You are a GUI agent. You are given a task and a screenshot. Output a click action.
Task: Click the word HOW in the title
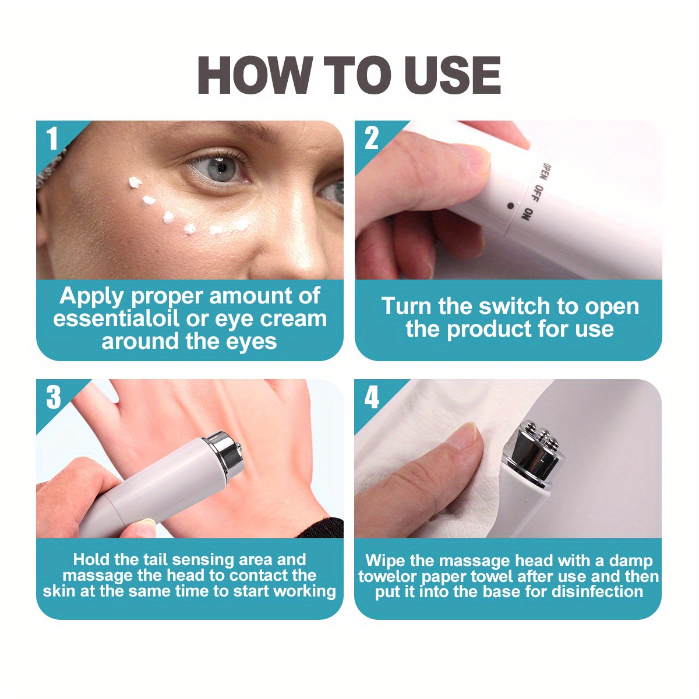255,75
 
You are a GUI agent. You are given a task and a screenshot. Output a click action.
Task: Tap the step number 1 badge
53,139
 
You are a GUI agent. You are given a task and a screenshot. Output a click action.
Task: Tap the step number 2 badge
372,139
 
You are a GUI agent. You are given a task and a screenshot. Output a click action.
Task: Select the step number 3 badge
54,397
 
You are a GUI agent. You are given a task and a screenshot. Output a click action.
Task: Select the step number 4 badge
372,397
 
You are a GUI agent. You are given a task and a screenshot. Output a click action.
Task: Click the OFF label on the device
538,195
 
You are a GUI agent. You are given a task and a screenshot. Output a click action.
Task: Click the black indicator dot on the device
511,206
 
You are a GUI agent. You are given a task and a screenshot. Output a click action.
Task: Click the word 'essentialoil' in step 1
116,319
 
